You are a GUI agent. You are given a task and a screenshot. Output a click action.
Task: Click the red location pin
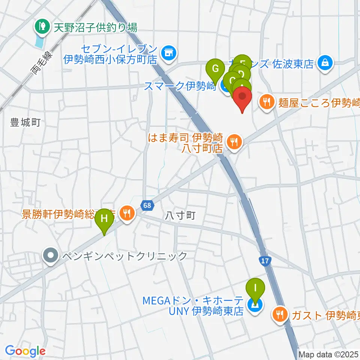coord(243,99)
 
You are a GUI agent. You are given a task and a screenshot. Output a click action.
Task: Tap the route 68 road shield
coord(147,205)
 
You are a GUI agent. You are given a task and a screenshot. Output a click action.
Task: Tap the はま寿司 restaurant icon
coord(235,142)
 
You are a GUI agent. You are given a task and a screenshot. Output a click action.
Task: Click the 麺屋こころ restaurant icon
coord(267,102)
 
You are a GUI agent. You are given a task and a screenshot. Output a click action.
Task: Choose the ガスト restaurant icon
coord(280,313)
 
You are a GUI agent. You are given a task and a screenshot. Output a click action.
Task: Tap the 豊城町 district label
coord(25,123)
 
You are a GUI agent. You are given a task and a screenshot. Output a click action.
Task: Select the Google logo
coord(25,351)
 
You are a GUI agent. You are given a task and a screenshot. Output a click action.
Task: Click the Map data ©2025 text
coord(328,354)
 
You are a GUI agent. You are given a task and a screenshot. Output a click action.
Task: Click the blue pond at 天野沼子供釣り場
coord(39,41)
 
